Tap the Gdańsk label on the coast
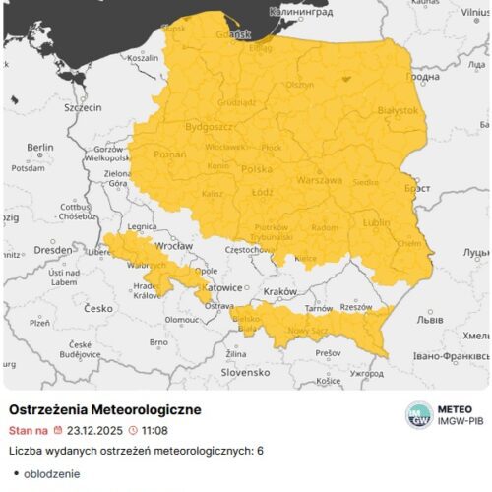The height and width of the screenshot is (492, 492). point(239,33)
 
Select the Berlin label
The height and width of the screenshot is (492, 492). point(40,148)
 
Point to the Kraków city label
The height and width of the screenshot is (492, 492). point(279,293)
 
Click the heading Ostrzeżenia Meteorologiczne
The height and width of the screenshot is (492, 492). point(104,408)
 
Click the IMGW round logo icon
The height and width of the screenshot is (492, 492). point(419,414)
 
